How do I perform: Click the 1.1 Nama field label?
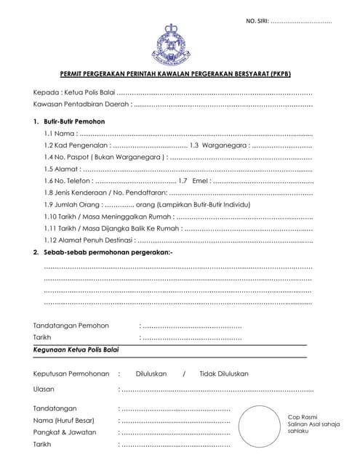(x=59, y=134)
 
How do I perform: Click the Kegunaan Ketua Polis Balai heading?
(x=76, y=349)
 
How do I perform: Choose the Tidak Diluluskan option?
(x=224, y=373)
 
